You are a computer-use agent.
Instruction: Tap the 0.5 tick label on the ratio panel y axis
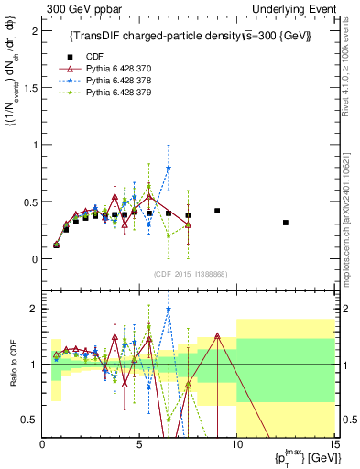click(32, 420)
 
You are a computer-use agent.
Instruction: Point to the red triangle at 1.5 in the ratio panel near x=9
click(217, 335)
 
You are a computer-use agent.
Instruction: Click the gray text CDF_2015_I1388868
click(188, 274)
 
